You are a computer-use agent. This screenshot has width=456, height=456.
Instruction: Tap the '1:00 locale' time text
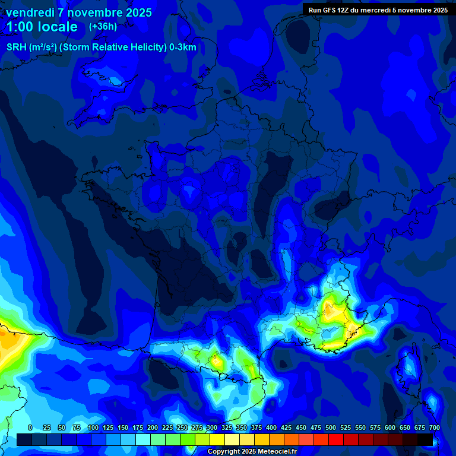click(x=42, y=27)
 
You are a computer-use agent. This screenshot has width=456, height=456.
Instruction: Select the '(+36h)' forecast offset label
click(x=103, y=26)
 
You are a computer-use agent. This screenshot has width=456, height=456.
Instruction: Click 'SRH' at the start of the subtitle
click(x=16, y=47)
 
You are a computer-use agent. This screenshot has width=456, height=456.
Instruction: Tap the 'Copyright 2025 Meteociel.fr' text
click(x=252, y=452)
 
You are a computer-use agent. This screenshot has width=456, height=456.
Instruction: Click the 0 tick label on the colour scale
click(x=30, y=427)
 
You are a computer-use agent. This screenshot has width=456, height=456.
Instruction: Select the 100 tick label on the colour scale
click(x=93, y=427)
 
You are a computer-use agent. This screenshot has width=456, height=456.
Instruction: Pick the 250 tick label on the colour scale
click(x=182, y=427)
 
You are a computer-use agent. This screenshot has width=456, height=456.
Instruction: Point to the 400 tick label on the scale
click(x=271, y=427)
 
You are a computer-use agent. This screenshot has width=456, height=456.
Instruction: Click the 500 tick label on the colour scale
click(x=331, y=427)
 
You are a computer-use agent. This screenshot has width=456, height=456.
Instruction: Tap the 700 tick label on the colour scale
click(x=435, y=427)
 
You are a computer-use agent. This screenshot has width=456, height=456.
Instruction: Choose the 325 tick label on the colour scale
click(x=227, y=427)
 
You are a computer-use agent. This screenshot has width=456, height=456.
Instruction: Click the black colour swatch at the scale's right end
click(x=425, y=439)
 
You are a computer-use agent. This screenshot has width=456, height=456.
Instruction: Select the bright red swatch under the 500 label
click(x=336, y=439)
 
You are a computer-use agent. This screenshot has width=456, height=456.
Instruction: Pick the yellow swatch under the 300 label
click(x=217, y=439)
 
